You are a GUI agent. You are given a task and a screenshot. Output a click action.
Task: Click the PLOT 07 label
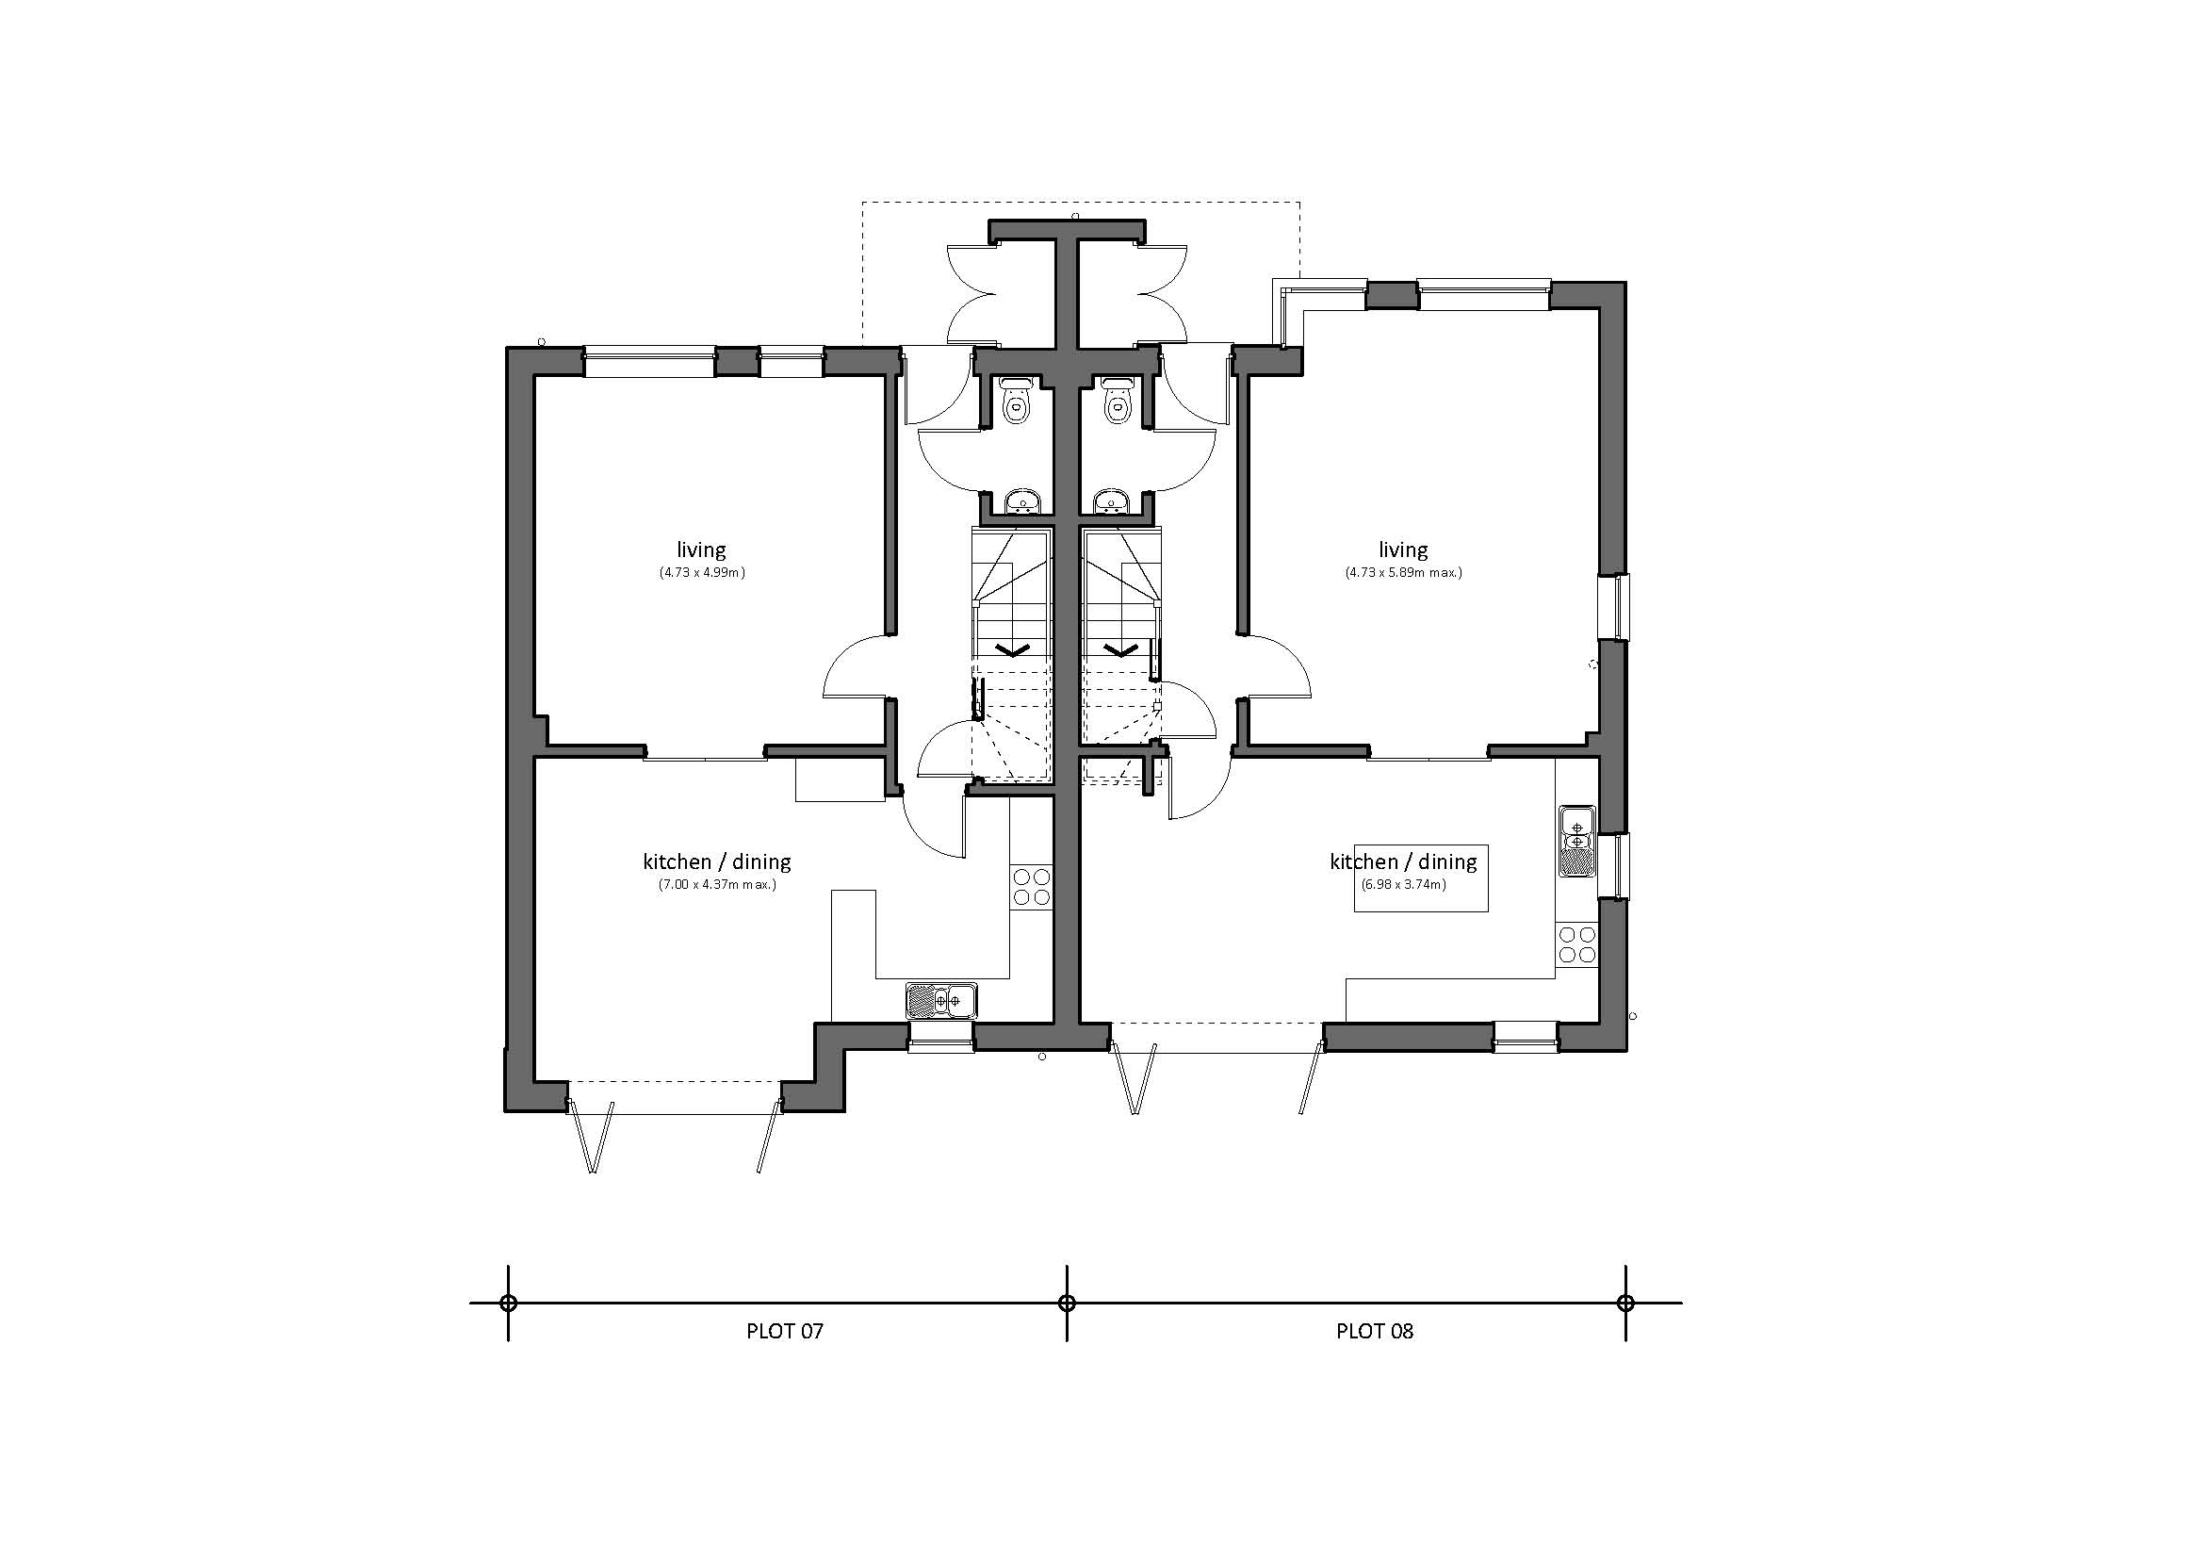[784, 1332]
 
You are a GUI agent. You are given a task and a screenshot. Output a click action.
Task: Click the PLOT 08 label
[1374, 1332]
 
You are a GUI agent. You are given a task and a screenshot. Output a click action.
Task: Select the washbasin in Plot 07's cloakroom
[1022, 502]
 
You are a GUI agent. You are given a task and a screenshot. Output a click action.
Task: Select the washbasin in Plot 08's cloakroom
[1114, 502]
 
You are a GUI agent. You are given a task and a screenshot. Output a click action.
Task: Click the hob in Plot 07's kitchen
[1031, 886]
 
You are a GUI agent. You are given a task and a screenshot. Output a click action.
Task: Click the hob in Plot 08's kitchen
[1576, 943]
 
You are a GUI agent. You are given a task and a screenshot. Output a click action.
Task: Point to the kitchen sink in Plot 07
[940, 1000]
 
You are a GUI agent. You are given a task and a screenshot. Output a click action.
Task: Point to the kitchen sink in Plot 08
[1576, 841]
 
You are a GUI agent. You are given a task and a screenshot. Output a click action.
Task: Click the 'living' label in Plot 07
[701, 550]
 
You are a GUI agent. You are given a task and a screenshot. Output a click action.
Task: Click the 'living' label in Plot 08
[1402, 550]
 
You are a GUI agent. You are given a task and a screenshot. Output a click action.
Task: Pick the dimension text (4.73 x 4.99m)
[702, 573]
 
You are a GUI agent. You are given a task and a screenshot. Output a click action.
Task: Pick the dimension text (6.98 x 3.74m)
[1402, 884]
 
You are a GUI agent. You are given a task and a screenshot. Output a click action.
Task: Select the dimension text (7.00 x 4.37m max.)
[717, 885]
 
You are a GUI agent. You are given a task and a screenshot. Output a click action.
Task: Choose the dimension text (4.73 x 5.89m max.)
[1402, 573]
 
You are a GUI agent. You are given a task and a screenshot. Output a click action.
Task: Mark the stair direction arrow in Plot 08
[1119, 650]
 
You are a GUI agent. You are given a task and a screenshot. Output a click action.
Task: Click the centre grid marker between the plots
[1067, 1303]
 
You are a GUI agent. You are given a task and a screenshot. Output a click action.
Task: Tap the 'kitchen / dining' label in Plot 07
[717, 862]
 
